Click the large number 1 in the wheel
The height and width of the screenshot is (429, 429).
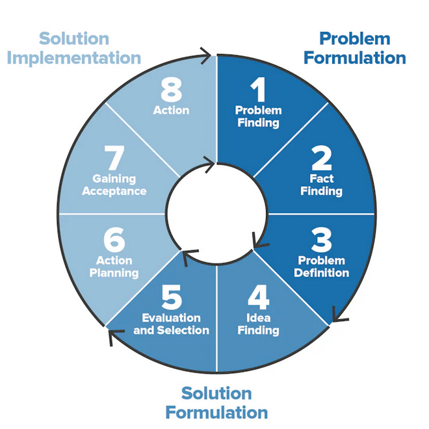pyautogui.click(x=258, y=90)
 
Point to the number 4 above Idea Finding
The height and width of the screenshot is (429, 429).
pyautogui.click(x=258, y=298)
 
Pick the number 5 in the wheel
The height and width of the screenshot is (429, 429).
pyautogui.click(x=172, y=298)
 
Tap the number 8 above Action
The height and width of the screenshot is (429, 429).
pyautogui.click(x=172, y=90)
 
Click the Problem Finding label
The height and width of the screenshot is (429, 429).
pyautogui.click(x=258, y=116)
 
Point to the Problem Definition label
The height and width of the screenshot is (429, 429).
pyautogui.click(x=321, y=266)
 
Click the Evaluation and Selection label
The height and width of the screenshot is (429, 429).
pyautogui.click(x=172, y=324)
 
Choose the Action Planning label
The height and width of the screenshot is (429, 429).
pyautogui.click(x=114, y=266)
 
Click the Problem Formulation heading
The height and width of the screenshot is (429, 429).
pyautogui.click(x=355, y=48)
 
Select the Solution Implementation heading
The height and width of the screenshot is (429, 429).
pyautogui.click(x=74, y=48)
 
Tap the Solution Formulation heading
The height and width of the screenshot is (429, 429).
pyautogui.click(x=216, y=402)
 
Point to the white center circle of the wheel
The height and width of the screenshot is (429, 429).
pyautogui.click(x=216, y=213)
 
